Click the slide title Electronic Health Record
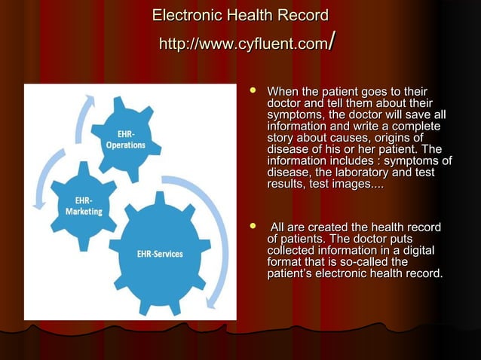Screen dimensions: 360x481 (x=240, y=16)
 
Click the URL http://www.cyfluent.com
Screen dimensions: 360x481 (x=240, y=44)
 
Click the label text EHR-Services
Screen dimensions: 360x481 (x=159, y=254)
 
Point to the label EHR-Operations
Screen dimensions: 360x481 (x=125, y=140)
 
